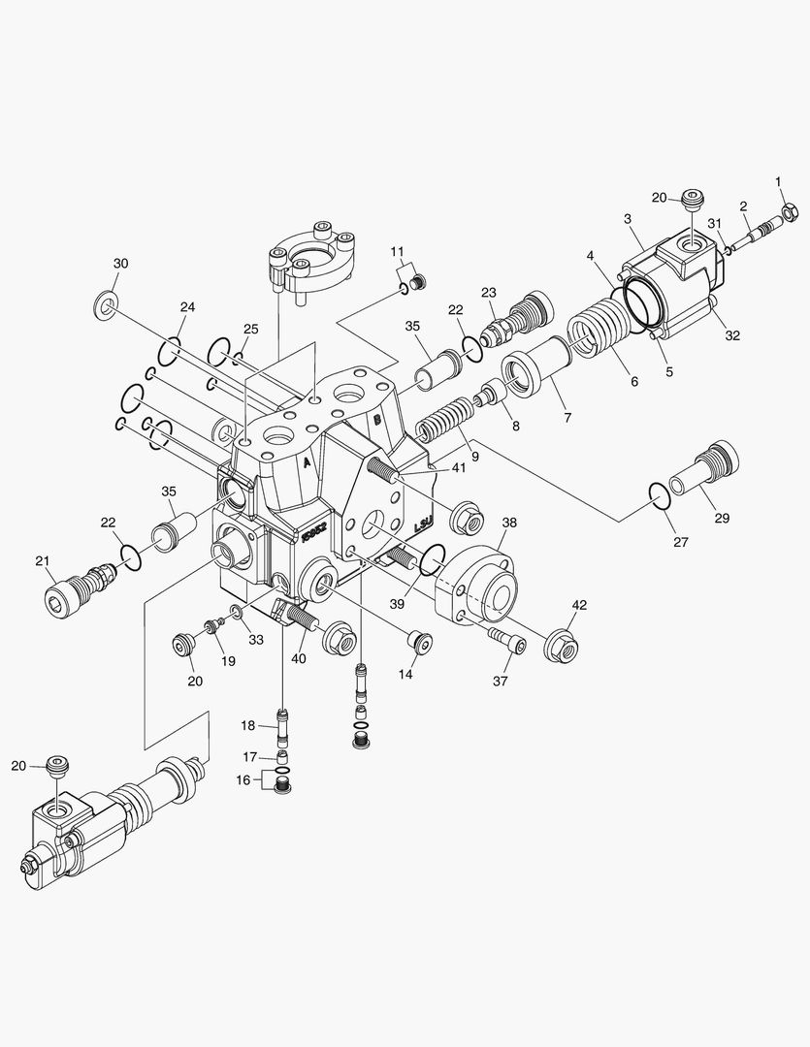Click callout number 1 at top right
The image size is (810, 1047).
point(777,181)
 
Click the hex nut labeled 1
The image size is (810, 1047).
point(789,207)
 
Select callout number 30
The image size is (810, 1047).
point(120,264)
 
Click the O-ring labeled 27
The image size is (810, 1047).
point(659,497)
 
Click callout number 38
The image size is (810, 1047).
point(509,523)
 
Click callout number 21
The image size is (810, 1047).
point(42,560)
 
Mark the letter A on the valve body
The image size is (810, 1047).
point(307,463)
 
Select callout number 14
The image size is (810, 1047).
point(405,674)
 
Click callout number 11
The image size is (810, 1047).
point(397,252)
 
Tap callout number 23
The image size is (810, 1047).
point(488,293)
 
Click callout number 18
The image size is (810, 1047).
point(248,725)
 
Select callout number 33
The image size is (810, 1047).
point(255,640)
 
